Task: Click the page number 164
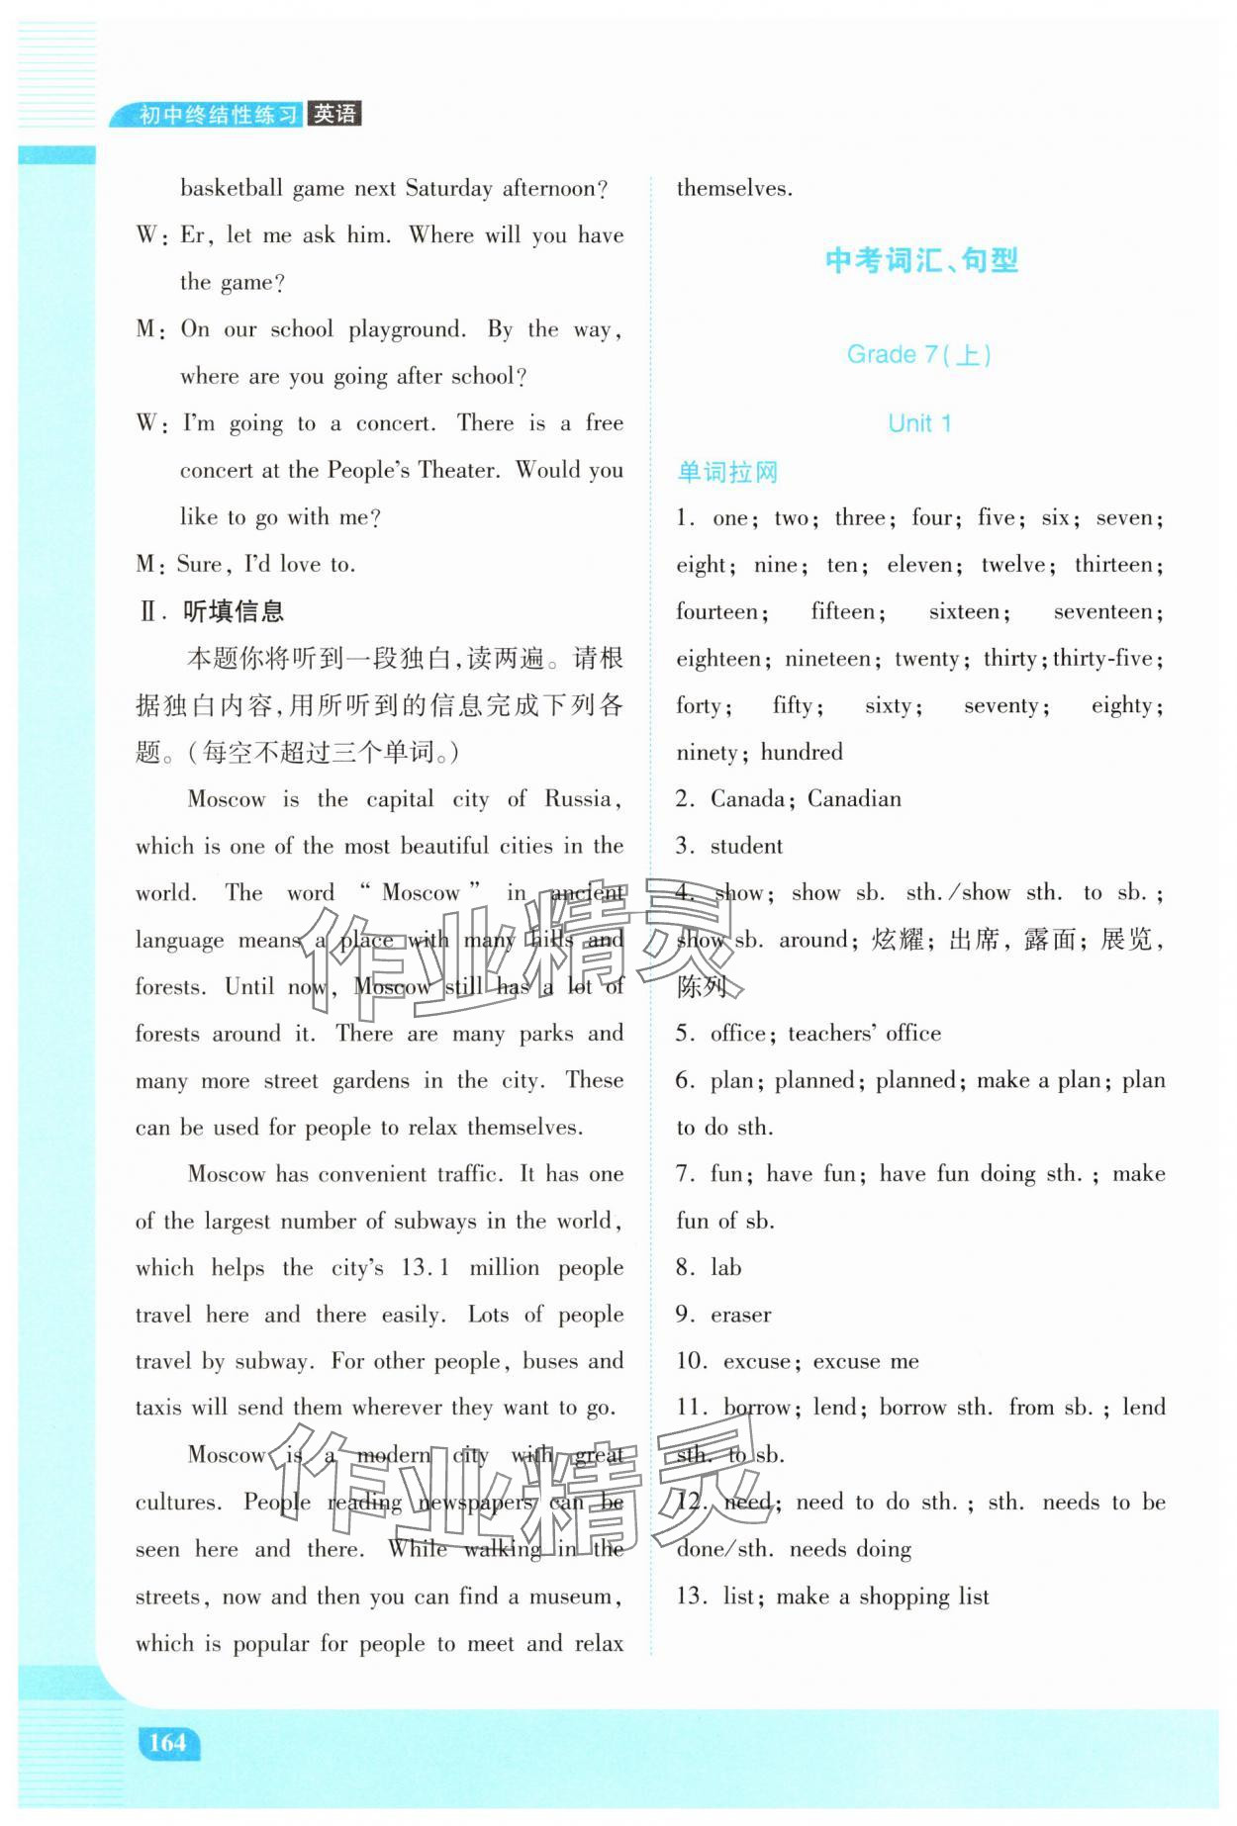167,1742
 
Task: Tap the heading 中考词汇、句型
921,261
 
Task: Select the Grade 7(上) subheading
918,354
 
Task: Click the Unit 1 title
919,423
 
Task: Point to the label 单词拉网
727,472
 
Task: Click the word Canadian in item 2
854,799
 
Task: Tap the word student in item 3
746,846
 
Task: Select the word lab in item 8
725,1267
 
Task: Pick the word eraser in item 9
740,1315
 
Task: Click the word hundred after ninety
802,753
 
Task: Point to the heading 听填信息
234,611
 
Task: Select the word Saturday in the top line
448,189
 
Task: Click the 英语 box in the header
334,114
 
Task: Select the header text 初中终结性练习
218,115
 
